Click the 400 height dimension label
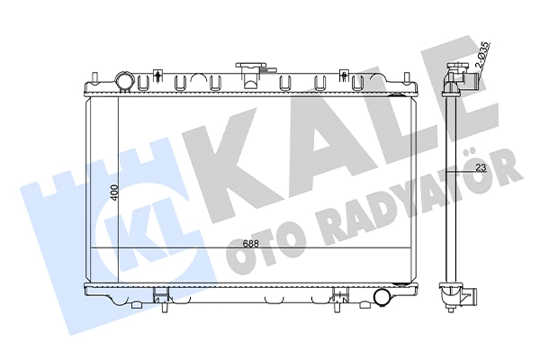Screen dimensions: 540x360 pyautogui.click(x=114, y=193)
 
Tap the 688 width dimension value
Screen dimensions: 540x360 pyautogui.click(x=250, y=244)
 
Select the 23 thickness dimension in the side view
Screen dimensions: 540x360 pyautogui.click(x=481, y=167)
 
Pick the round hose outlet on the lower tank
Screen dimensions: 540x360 pyautogui.click(x=382, y=297)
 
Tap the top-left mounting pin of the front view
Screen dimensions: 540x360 pyautogui.click(x=94, y=77)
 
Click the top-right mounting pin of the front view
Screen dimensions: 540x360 pyautogui.click(x=407, y=77)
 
